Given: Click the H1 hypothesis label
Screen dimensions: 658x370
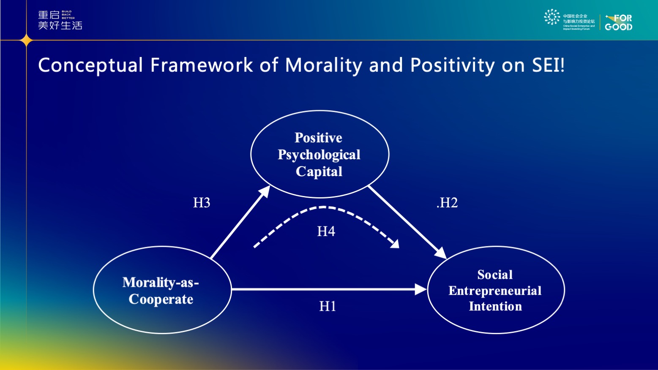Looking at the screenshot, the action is (328, 306).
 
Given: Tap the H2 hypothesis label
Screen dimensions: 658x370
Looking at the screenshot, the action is (448, 203).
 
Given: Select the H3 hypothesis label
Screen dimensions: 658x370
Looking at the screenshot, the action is (202, 203).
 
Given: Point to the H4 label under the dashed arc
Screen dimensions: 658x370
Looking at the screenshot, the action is (326, 231).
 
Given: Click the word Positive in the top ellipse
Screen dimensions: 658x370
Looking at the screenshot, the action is (318, 138).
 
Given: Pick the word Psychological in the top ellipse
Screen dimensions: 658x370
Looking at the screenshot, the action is (319, 155).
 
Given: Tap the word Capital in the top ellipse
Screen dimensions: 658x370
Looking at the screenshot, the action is (319, 171).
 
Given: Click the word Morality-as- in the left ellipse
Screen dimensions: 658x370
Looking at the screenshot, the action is (161, 282).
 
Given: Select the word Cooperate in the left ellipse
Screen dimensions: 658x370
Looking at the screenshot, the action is (161, 299).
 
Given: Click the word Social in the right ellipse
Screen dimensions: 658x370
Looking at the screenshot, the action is (495, 275).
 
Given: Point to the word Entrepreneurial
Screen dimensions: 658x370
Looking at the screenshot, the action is (495, 291).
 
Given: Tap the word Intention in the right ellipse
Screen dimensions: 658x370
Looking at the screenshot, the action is (495, 306).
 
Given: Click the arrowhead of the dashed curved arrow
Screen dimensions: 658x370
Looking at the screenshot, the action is (395, 244).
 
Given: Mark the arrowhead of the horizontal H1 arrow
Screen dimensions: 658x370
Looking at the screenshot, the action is (421, 289).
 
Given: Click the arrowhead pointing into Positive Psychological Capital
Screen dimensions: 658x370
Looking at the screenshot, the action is (265, 191).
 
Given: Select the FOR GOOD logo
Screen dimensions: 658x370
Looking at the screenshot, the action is (618, 22).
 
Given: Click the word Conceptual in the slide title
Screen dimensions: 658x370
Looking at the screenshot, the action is (90, 65).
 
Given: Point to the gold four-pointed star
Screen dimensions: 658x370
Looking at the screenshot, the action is (26, 41).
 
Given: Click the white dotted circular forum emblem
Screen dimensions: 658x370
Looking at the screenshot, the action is (552, 17).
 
